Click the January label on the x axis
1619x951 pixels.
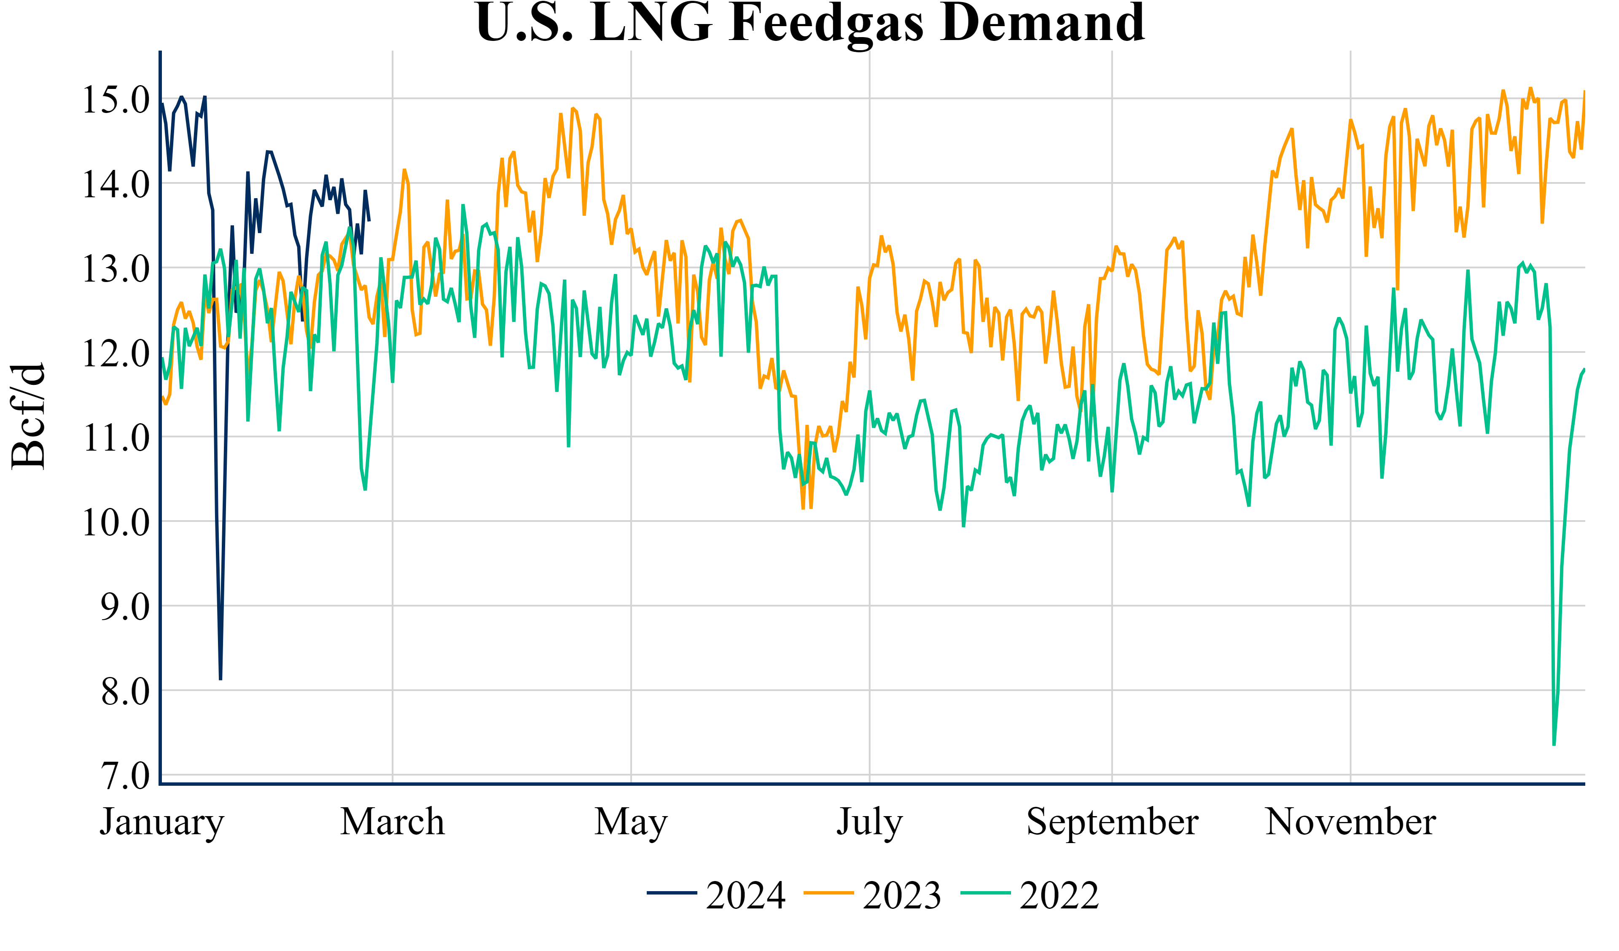(162, 822)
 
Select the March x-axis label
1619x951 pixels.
(393, 822)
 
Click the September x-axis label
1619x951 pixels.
(1112, 822)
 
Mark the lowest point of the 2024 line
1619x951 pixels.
(221, 679)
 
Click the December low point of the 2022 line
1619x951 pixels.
(1554, 745)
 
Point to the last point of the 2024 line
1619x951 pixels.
(369, 220)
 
